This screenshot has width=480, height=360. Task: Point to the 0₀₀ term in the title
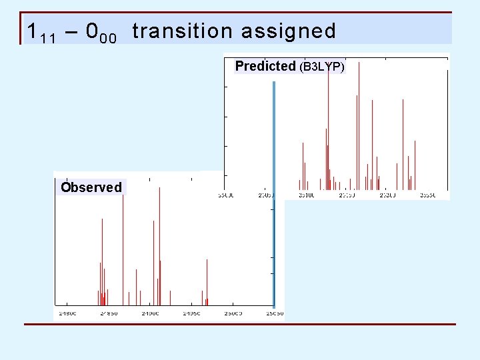pos(102,32)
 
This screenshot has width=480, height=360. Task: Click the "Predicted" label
pos(265,66)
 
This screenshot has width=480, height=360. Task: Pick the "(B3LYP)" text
pos(322,67)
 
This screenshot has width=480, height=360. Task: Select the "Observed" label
pos(91,187)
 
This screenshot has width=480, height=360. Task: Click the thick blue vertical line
pos(273,193)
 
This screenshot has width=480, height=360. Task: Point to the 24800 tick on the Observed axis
pos(67,313)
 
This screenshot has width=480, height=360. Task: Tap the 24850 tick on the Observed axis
pos(109,313)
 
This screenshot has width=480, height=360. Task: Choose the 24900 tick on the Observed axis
pos(150,313)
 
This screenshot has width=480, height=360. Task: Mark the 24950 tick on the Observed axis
pos(191,313)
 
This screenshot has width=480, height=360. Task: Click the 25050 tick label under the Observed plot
pos(273,313)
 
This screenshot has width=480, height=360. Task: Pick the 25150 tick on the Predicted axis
pos(347,195)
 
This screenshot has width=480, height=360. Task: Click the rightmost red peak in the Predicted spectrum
pos(415,163)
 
